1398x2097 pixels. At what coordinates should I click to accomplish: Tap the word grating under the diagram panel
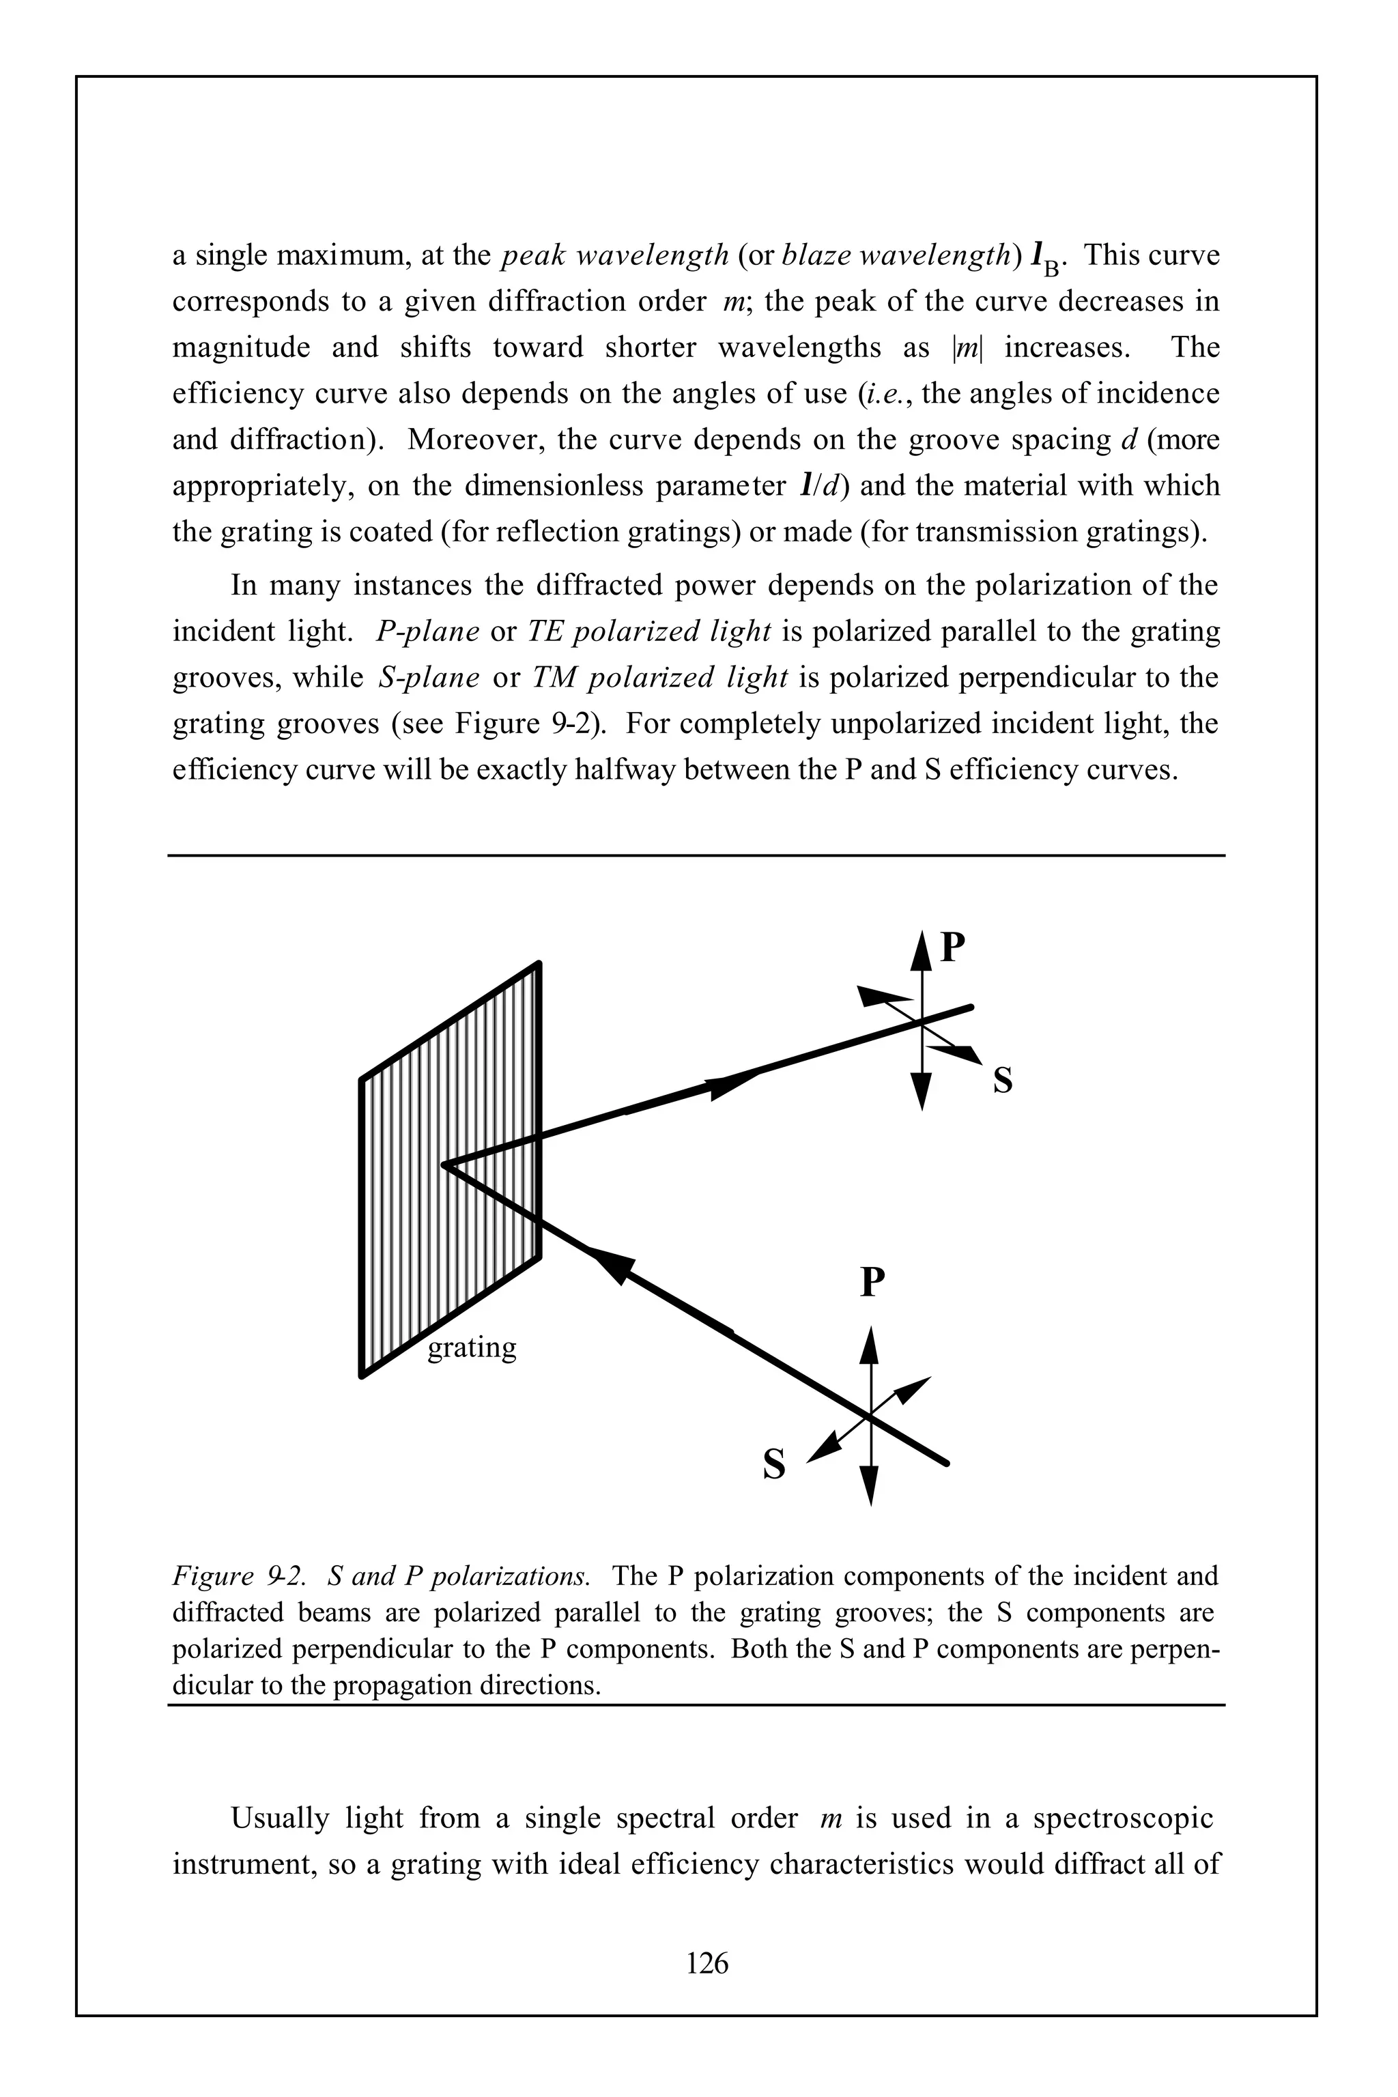click(x=472, y=1347)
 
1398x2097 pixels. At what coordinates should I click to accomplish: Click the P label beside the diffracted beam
click(x=953, y=947)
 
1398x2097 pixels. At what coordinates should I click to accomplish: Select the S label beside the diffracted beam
click(x=1003, y=1081)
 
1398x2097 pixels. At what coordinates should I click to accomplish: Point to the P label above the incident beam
click(x=872, y=1284)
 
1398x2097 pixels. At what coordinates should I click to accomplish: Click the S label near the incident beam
click(x=775, y=1465)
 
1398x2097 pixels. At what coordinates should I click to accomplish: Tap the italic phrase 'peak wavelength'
click(x=615, y=256)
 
